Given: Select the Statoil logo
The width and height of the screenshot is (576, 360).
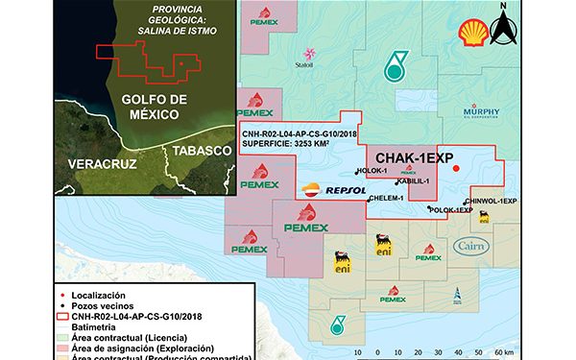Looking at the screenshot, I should (x=308, y=57).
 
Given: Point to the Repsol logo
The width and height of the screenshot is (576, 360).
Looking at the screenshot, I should (x=332, y=191).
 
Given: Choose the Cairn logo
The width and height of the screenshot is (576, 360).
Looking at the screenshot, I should (x=475, y=248).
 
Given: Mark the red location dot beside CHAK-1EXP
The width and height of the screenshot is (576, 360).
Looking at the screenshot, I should (x=456, y=169).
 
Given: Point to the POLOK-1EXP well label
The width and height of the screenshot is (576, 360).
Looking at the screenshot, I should (x=451, y=209).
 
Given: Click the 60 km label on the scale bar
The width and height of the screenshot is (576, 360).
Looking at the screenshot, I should (x=503, y=352).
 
